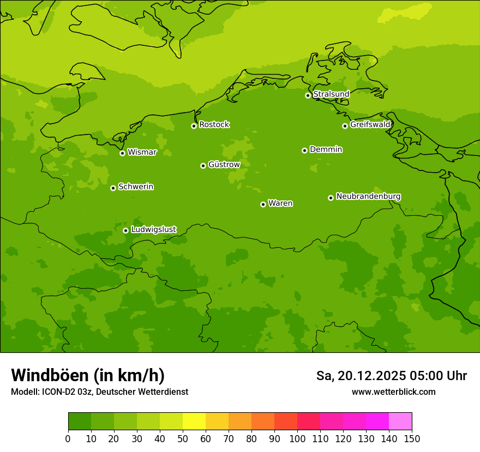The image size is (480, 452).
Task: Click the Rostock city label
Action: [214, 125]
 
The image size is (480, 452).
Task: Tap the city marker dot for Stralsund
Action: [308, 95]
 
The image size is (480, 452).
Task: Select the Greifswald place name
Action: [370, 125]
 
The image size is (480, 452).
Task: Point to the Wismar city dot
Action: [122, 153]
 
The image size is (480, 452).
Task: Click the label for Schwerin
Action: [136, 187]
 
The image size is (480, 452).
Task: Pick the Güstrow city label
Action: [224, 164]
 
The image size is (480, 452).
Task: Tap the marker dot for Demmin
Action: [304, 150]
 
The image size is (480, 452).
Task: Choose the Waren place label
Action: [280, 204]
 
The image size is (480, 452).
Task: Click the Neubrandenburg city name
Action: [368, 197]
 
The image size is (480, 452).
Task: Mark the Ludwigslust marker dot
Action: [125, 230]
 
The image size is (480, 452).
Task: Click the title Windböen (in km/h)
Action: [88, 375]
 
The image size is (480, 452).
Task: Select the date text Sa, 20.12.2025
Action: [361, 376]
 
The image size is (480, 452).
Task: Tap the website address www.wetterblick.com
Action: [393, 392]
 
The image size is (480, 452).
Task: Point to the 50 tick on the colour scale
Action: [183, 438]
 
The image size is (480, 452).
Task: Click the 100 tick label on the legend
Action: [297, 438]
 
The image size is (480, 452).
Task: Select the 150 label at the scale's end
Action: [412, 438]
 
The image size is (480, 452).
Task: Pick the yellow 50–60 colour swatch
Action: [194, 422]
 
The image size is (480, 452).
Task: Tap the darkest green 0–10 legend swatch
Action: [80, 422]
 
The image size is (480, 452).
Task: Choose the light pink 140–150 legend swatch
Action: [400, 422]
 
